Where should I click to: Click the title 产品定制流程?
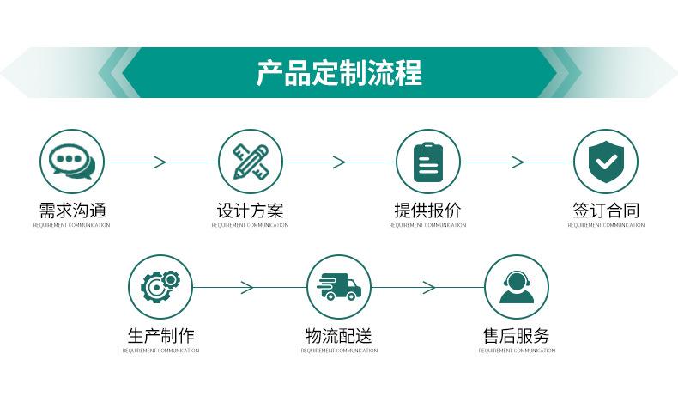click(x=339, y=73)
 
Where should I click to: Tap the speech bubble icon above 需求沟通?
click(x=72, y=161)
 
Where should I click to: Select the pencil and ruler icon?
click(x=250, y=161)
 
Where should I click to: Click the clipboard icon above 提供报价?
click(x=427, y=161)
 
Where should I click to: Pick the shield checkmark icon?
click(x=605, y=161)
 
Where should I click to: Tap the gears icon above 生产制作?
click(x=160, y=286)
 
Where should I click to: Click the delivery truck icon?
click(x=339, y=286)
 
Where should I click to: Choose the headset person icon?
click(x=516, y=286)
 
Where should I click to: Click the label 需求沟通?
click(x=72, y=211)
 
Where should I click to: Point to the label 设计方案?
click(x=250, y=211)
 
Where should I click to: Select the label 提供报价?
click(x=427, y=211)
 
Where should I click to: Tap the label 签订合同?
click(x=605, y=211)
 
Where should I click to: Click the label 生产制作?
click(x=160, y=336)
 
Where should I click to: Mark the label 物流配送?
click(x=339, y=336)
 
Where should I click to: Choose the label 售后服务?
click(x=516, y=336)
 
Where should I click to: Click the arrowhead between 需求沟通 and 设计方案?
click(x=160, y=162)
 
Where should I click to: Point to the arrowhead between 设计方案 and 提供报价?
click(x=339, y=162)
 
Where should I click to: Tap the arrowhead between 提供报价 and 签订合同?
click(x=517, y=162)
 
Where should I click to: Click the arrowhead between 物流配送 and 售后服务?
click(x=428, y=287)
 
